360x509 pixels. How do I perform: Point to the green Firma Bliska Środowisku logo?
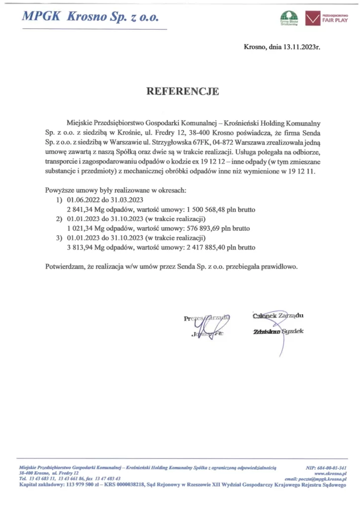point(288,18)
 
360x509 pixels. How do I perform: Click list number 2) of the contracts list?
point(59,219)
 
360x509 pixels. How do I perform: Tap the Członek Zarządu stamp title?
point(278,315)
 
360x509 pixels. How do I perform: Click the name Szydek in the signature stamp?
point(292,331)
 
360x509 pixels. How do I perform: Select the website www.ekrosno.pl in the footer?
point(331,474)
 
